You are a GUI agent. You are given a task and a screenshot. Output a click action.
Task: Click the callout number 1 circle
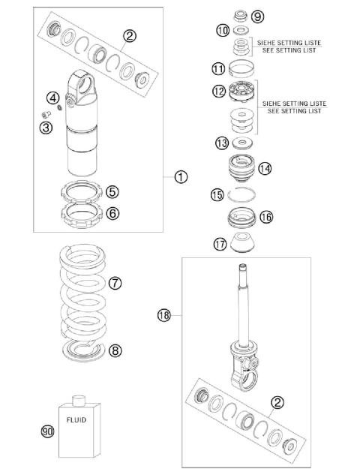click(181, 178)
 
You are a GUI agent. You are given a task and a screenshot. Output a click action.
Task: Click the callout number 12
click(217, 91)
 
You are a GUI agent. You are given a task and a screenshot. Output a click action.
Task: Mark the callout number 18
click(166, 315)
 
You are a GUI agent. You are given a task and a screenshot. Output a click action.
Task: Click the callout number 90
click(47, 431)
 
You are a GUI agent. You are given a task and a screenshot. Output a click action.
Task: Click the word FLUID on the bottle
click(78, 421)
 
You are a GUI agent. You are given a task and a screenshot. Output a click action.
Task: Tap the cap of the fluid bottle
click(78, 396)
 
